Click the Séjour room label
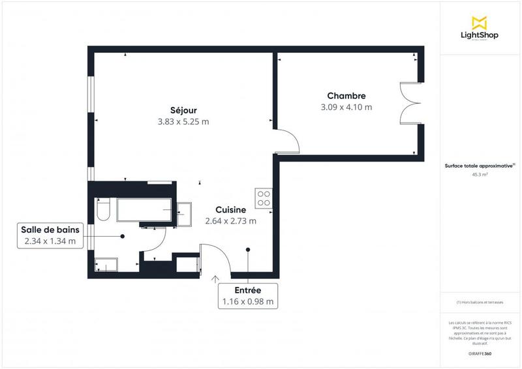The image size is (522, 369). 183,110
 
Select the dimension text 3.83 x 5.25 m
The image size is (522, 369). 183,121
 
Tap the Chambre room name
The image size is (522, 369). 346,95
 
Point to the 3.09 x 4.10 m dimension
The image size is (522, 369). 346,107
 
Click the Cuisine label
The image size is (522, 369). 230,209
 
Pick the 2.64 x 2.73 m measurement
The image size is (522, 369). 230,221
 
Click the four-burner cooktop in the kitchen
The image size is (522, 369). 264,198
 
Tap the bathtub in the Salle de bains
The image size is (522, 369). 144,211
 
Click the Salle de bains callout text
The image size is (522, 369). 49,229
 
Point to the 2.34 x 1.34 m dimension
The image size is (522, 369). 49,241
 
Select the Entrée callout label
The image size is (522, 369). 248,289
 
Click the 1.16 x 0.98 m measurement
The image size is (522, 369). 248,301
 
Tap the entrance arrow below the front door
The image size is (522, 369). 216,280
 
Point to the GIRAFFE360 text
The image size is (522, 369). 480,353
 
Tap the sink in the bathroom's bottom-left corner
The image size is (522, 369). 106,265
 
